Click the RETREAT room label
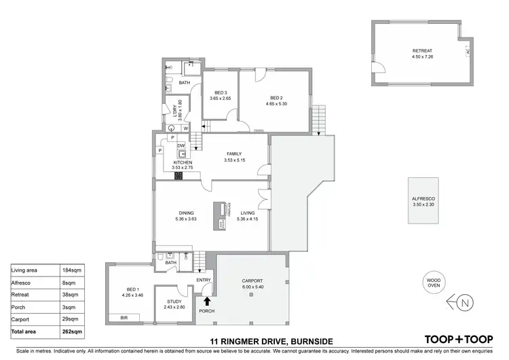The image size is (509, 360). tap(422, 52)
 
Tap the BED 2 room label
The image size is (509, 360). tap(276, 97)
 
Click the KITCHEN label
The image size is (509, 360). tap(183, 163)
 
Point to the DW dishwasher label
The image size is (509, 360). tap(181, 145)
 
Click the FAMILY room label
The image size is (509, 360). tap(234, 154)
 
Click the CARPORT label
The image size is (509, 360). tap(251, 281)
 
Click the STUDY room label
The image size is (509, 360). tap(175, 301)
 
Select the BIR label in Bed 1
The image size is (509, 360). tap(124, 317)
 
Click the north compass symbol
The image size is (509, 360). tap(464, 302)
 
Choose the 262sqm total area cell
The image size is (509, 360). tap(73, 331)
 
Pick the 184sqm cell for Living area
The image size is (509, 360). tap(73, 270)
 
